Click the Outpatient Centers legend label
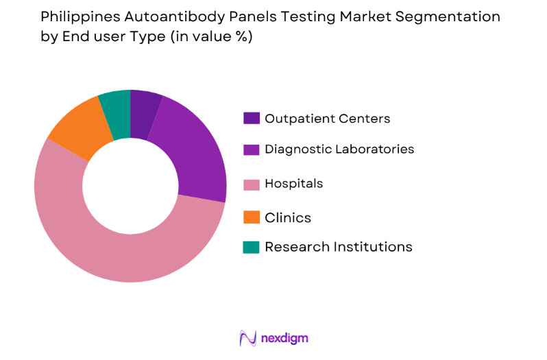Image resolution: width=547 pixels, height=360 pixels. pos(327,119)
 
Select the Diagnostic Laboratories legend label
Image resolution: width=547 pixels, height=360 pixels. pos(339,149)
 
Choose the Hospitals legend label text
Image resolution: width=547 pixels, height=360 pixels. pos(293,184)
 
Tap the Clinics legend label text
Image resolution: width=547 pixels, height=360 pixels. pos(288,218)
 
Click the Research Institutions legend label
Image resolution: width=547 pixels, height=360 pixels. pos(339,247)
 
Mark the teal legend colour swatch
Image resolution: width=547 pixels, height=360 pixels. pos(252,247)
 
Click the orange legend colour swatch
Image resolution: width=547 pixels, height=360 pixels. pos(252,218)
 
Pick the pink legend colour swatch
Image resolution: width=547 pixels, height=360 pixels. pos(252,184)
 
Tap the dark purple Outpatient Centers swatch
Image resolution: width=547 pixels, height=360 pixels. pos(252,119)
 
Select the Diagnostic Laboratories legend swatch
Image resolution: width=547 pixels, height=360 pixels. pos(252,149)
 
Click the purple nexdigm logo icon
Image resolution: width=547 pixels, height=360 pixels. pos(247,338)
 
